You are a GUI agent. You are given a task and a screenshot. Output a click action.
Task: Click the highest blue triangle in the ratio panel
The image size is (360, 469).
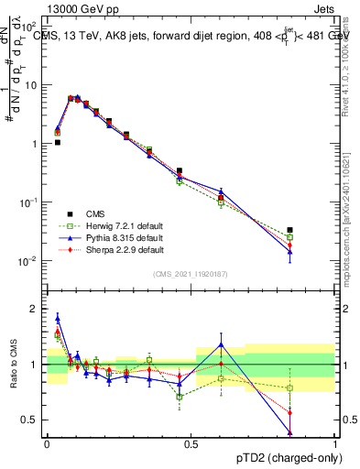coord(58,319)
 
